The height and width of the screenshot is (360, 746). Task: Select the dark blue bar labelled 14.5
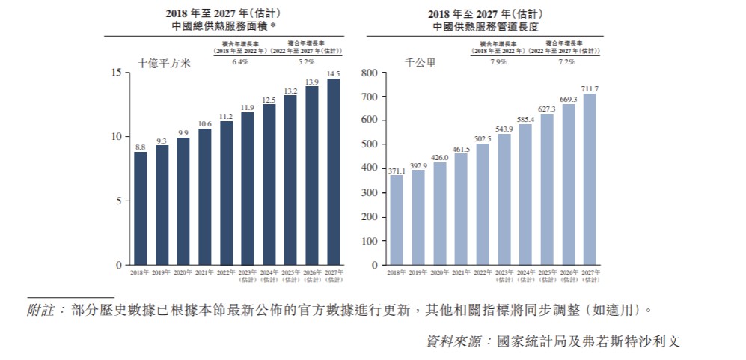[334, 171]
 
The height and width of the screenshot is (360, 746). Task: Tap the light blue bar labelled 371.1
[397, 220]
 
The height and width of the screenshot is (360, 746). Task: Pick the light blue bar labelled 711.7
[590, 180]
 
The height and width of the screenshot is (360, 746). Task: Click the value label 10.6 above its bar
[204, 123]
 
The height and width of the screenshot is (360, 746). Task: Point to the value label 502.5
[483, 138]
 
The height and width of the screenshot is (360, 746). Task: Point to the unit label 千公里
[421, 64]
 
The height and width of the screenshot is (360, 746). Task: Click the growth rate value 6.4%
[239, 61]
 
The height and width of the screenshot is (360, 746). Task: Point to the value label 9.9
[183, 132]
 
